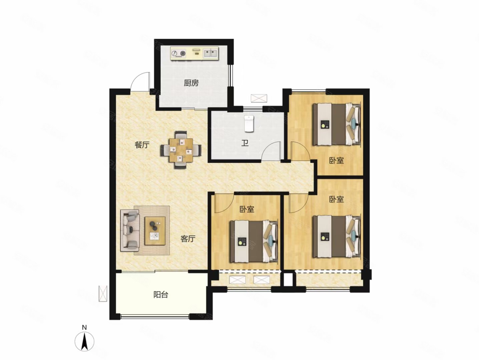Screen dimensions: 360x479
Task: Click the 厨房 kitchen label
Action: tap(191, 83)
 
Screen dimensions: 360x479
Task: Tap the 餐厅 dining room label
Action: tap(142, 145)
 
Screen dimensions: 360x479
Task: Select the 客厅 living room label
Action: tap(188, 238)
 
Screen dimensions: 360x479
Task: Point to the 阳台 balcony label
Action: tap(161, 295)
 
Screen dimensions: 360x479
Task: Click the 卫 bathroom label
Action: tap(245, 143)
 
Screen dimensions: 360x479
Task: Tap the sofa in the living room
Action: tap(130, 230)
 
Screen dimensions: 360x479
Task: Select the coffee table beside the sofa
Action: tap(155, 231)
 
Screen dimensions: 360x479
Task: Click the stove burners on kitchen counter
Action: tap(178, 53)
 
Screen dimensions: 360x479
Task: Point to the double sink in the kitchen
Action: tap(210, 53)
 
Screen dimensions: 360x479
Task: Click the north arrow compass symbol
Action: tap(85, 342)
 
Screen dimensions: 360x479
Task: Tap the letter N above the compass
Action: tap(84, 327)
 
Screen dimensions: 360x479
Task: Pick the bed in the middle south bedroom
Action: tap(254, 241)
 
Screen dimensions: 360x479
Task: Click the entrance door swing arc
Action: tap(139, 82)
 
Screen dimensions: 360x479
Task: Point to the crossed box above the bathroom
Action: tap(259, 98)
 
